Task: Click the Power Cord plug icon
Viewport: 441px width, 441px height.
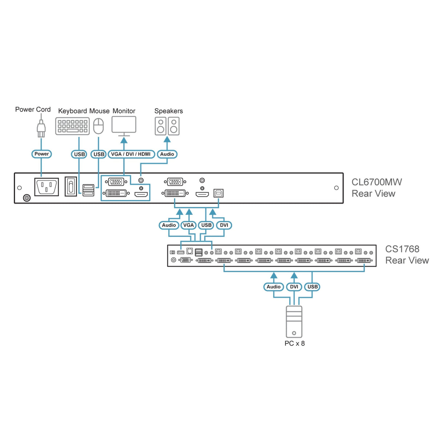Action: coord(41,128)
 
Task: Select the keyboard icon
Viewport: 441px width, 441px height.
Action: coord(72,126)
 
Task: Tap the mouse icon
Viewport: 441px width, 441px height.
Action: coord(98,126)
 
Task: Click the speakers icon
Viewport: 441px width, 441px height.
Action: coord(167,126)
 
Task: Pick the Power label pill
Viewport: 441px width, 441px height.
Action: coord(41,154)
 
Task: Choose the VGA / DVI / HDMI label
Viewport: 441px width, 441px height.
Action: coord(131,154)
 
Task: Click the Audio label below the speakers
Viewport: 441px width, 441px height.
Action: coord(167,154)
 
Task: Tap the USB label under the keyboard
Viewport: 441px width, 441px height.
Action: coord(79,154)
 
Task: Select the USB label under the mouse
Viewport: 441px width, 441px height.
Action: coord(99,154)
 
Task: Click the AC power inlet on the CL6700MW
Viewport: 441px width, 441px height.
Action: coord(46,187)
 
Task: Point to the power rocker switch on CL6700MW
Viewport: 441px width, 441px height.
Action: coord(70,186)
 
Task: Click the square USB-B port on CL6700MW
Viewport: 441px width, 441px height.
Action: coord(218,193)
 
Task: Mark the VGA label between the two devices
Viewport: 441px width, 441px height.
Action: coord(189,225)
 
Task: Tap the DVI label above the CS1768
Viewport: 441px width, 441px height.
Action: coord(224,225)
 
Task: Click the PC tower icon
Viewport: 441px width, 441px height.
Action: coord(294,322)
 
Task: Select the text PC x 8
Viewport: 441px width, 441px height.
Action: coord(295,343)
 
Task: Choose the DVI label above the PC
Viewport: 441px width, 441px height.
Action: coord(294,287)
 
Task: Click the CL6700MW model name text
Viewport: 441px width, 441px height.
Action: coord(377,182)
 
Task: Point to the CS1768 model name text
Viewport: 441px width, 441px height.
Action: coord(402,249)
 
